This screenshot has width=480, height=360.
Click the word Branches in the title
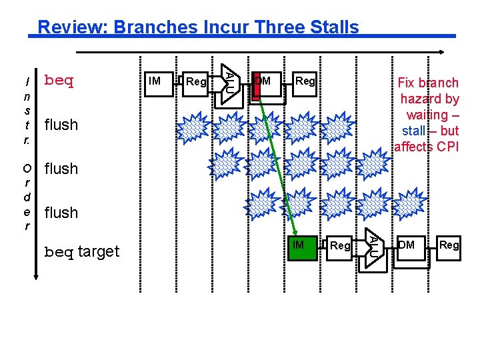click(x=149, y=27)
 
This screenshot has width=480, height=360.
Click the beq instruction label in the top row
click(x=58, y=81)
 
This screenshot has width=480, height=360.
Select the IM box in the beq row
click(x=159, y=82)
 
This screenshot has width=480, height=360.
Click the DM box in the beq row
click(x=264, y=82)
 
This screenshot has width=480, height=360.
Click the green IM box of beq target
click(x=299, y=246)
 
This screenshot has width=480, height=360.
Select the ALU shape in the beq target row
click(x=373, y=247)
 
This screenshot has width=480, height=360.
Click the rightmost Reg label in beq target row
click(x=449, y=246)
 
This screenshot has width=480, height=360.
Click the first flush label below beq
click(x=61, y=125)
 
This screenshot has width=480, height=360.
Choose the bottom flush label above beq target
click(x=61, y=213)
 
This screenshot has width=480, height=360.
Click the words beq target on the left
click(x=81, y=252)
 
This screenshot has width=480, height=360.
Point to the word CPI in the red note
click(x=446, y=147)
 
